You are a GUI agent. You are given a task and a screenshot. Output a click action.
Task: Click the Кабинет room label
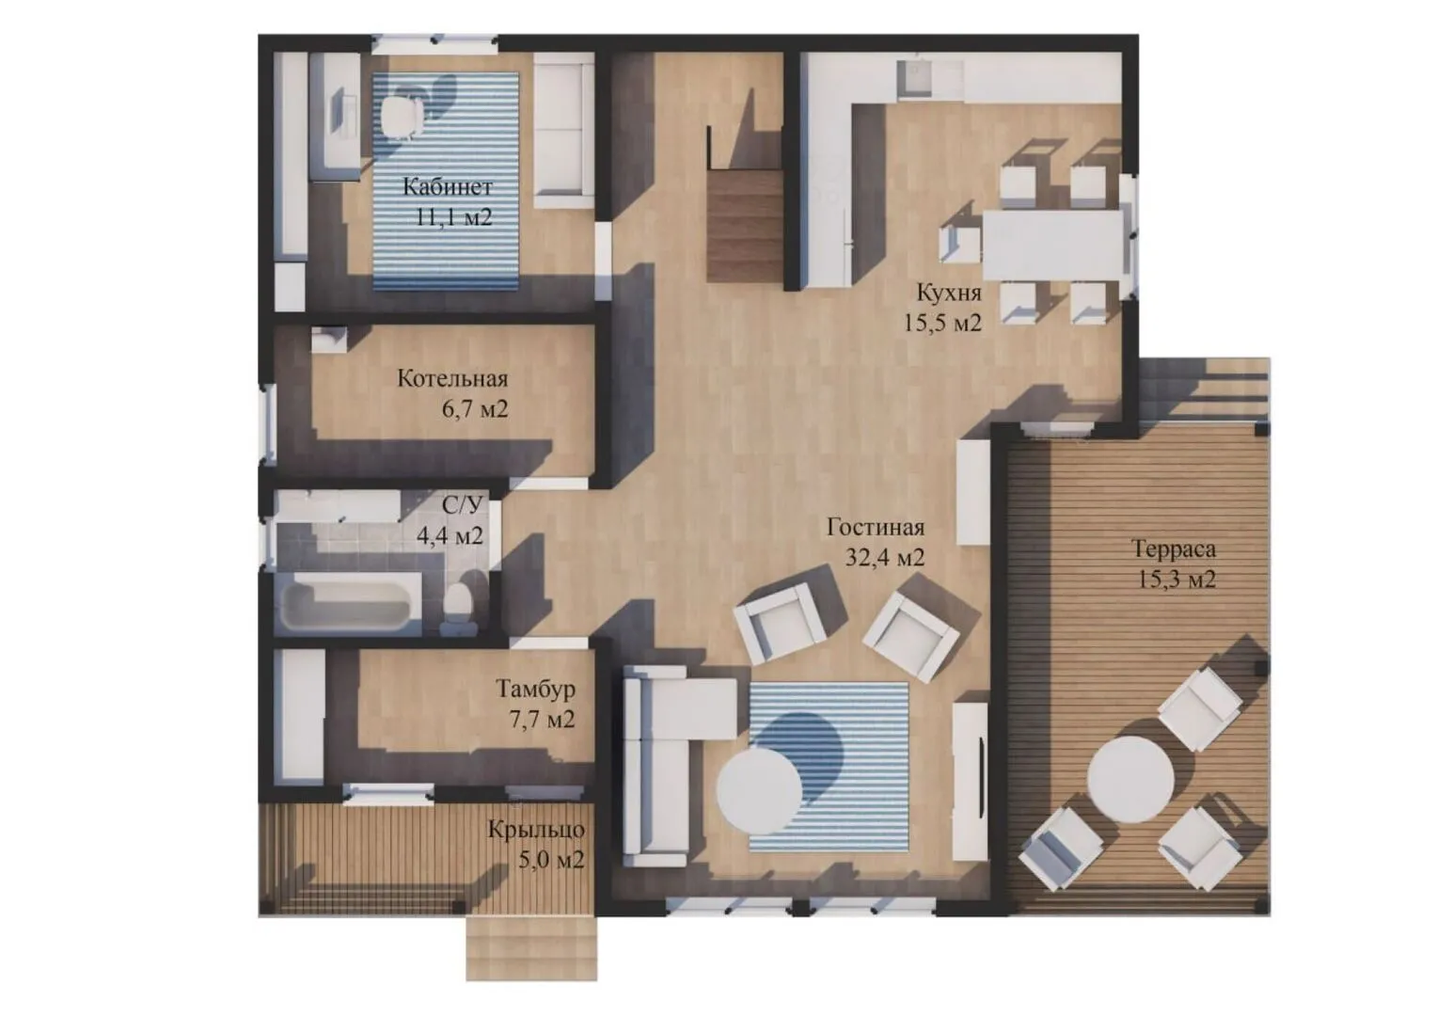pos(447,187)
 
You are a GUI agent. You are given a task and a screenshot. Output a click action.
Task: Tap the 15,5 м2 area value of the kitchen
pos(942,323)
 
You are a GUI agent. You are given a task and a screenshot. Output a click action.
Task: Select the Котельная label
pos(452,379)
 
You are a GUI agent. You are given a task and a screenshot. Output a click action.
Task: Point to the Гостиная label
pos(876,528)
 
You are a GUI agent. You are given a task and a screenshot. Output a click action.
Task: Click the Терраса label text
pos(1174,549)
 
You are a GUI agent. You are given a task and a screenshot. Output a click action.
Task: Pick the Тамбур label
pos(536,690)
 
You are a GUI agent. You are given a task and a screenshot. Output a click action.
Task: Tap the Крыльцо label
pos(536,830)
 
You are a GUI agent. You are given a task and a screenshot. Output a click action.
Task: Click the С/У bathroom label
pos(462,505)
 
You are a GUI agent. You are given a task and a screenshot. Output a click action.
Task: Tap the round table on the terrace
pos(1130,779)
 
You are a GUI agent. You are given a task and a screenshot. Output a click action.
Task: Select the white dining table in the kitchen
pos(1052,245)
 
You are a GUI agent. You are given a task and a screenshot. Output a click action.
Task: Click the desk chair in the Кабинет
pos(403,117)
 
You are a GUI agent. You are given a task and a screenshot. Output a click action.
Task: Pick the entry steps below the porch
pos(531,946)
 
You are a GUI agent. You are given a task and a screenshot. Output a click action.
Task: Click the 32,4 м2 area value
pos(885,558)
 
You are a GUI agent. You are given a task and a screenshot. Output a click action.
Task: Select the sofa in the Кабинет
pos(564,130)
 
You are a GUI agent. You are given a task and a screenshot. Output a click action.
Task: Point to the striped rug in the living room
pos(829,767)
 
